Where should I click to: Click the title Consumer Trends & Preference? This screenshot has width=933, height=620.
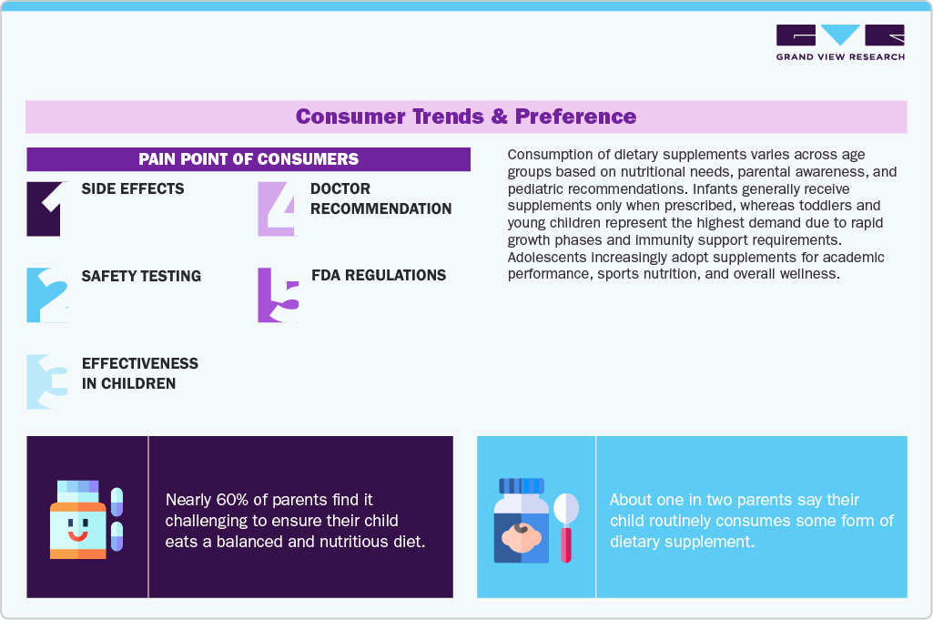click(x=466, y=117)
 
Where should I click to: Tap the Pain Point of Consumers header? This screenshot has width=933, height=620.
click(x=248, y=159)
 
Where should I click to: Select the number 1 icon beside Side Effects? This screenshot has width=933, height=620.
click(x=46, y=208)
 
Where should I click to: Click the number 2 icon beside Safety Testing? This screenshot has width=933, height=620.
click(x=46, y=295)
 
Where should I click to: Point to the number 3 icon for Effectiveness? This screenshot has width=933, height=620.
click(x=46, y=381)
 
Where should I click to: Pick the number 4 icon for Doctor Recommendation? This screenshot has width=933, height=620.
click(x=278, y=208)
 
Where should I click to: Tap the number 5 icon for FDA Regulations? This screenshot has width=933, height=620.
click(x=278, y=295)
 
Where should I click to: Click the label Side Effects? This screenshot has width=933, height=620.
click(x=133, y=189)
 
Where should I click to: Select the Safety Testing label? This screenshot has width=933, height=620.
click(x=141, y=276)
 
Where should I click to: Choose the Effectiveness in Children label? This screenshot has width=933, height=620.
click(x=140, y=373)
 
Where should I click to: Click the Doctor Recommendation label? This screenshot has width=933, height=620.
click(x=380, y=198)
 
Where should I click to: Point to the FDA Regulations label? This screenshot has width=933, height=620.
click(x=379, y=276)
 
